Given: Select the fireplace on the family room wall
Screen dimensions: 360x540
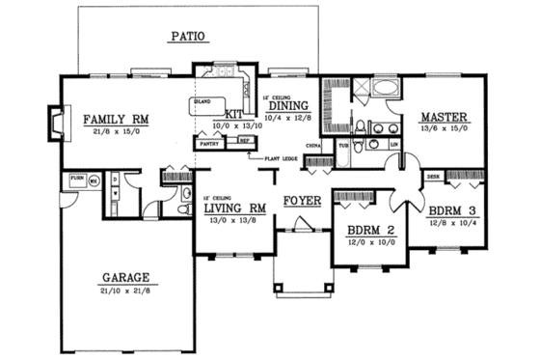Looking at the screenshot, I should [x=54, y=124].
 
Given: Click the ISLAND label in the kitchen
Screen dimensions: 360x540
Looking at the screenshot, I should [x=202, y=100].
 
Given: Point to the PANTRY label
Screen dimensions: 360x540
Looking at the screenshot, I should [x=209, y=142].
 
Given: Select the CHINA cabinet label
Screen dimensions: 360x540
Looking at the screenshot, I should [x=312, y=146].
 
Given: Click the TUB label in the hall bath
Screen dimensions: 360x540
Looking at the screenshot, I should [x=343, y=145].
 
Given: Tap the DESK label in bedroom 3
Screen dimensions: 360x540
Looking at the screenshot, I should [x=433, y=177].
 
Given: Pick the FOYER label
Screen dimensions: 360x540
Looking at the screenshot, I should [x=302, y=201].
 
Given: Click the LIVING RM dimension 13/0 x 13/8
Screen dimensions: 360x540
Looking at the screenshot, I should [x=234, y=219].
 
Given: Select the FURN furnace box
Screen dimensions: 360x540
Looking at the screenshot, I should [x=75, y=180].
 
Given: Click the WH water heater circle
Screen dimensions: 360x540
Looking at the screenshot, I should [x=94, y=180].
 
